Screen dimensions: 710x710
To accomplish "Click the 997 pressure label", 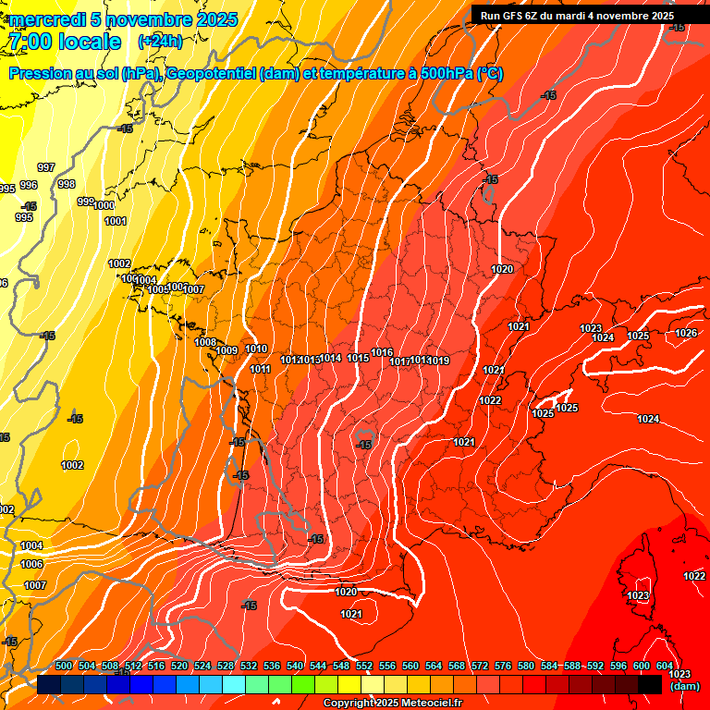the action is [46, 167].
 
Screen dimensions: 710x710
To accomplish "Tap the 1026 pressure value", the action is [686, 333].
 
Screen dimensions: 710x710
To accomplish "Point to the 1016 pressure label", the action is [382, 352].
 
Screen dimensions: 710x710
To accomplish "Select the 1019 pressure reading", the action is [439, 361].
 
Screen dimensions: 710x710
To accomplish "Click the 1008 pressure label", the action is [205, 342].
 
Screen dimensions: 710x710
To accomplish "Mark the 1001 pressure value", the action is [116, 221].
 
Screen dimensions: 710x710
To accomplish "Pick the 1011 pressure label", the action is [260, 369].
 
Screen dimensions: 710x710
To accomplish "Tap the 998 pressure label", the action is [67, 184].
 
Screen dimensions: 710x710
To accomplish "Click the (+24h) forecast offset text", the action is [160, 42].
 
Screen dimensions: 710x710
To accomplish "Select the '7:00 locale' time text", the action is [64, 42].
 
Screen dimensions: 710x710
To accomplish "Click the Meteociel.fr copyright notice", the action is [392, 704].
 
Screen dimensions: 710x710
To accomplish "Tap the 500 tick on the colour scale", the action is [64, 666].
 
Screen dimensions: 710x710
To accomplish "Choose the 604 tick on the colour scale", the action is [664, 666].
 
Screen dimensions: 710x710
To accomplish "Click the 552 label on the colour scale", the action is [364, 666].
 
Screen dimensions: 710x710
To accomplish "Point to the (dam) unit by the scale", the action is [683, 686].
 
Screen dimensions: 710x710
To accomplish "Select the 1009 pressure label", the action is [227, 350].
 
